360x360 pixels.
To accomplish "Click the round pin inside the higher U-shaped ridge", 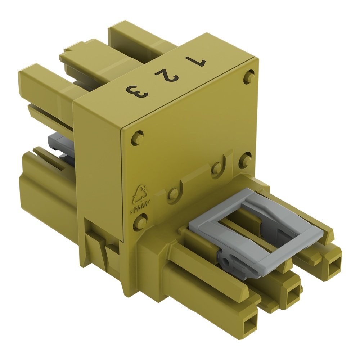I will tap(217, 167).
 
